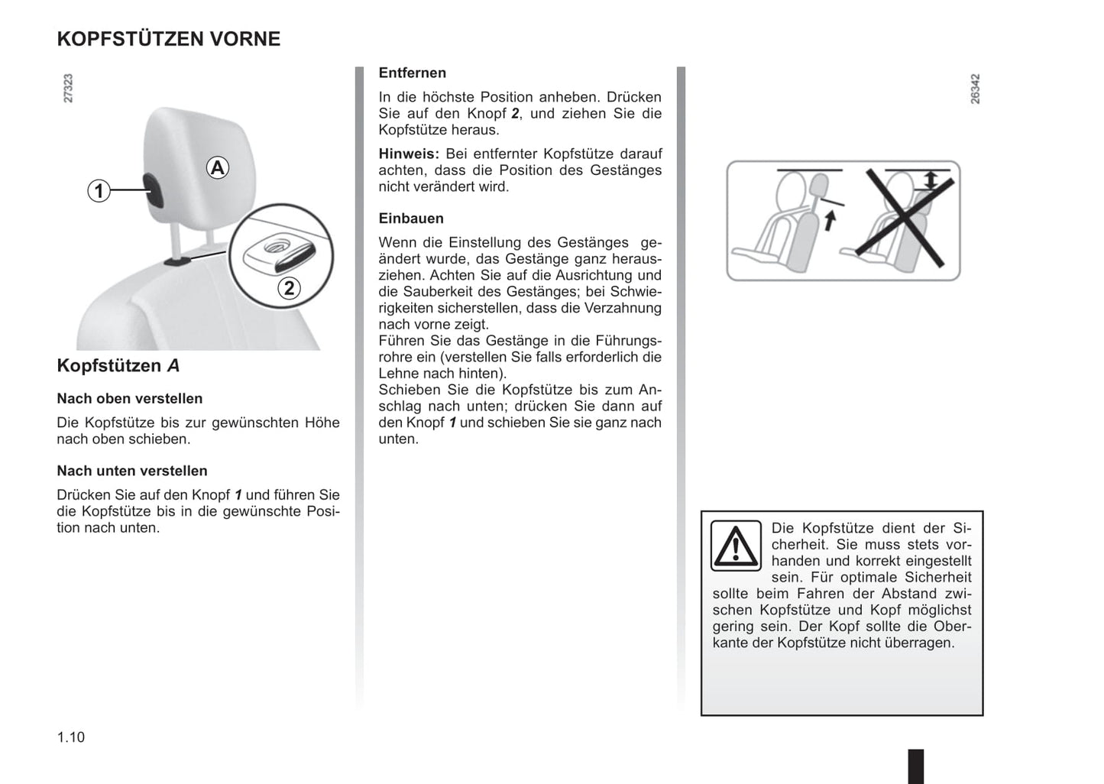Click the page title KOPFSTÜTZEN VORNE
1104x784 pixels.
click(168, 39)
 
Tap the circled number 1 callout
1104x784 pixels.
click(99, 190)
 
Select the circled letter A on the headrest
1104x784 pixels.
click(218, 167)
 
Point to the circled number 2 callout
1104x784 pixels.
click(289, 288)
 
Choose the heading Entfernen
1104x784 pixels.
click(412, 73)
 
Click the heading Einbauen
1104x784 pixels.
click(410, 219)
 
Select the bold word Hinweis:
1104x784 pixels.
click(409, 154)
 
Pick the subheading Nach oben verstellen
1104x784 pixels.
click(130, 399)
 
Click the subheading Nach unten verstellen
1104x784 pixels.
click(132, 471)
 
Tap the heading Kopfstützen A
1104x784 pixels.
click(118, 366)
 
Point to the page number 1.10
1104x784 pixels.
click(71, 737)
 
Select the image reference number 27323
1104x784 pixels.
click(68, 89)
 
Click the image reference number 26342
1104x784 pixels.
click(975, 89)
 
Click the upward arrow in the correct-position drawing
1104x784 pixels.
click(830, 221)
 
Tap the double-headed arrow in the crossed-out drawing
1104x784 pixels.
click(930, 181)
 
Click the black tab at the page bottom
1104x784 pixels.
click(915, 766)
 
